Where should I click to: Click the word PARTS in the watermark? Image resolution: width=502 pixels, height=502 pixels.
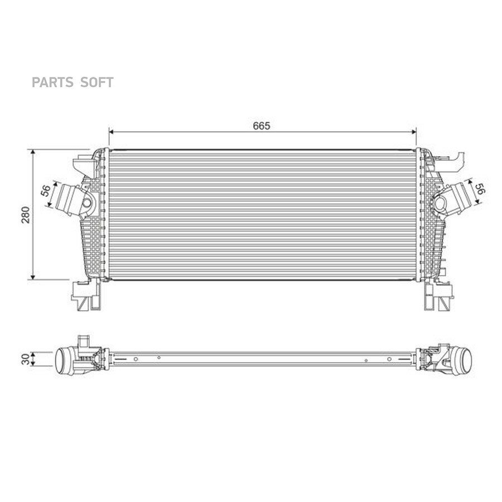pos(52,83)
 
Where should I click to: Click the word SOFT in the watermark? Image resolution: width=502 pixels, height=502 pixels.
pos(96,83)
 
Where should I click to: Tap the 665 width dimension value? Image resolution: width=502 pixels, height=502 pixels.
pos(262,126)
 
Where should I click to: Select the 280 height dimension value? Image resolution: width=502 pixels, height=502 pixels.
pos(26,215)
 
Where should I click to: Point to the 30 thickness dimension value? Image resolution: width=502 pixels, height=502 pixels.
pos(26,359)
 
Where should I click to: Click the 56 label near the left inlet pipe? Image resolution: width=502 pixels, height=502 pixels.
pos(46,191)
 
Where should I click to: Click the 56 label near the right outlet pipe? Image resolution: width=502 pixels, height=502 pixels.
pos(481,189)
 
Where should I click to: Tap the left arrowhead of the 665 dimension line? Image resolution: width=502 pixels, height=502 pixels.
pos(112,132)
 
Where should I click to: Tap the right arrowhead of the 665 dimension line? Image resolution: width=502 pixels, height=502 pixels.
pos(414,132)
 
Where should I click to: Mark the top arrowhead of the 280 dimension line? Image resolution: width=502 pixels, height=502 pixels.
pos(33,152)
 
